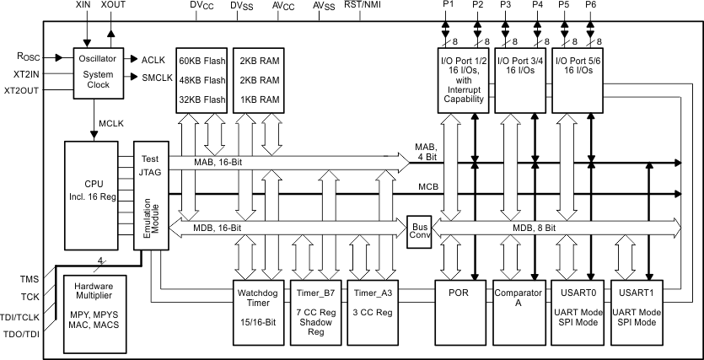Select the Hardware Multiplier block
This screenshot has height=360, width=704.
point(94,307)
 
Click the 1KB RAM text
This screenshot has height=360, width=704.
point(260,99)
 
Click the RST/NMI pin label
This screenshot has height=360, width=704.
point(364,7)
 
